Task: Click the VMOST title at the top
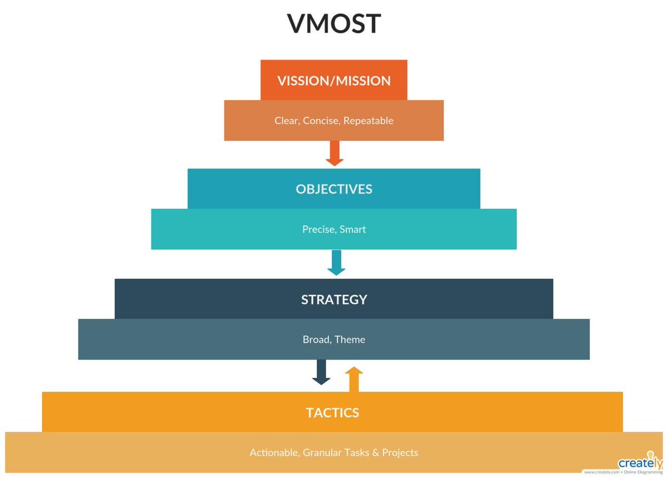point(334,24)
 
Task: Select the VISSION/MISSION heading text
point(334,81)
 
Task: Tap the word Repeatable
point(369,121)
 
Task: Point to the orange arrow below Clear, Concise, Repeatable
point(334,153)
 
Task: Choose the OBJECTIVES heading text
point(334,189)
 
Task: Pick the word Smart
point(353,229)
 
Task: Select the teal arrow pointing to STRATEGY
point(336,263)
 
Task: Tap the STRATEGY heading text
point(334,299)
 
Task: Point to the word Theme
point(351,339)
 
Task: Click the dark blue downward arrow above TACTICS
point(321,372)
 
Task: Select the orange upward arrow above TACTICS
point(353,379)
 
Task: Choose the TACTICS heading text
point(332,413)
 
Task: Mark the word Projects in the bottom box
point(400,453)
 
